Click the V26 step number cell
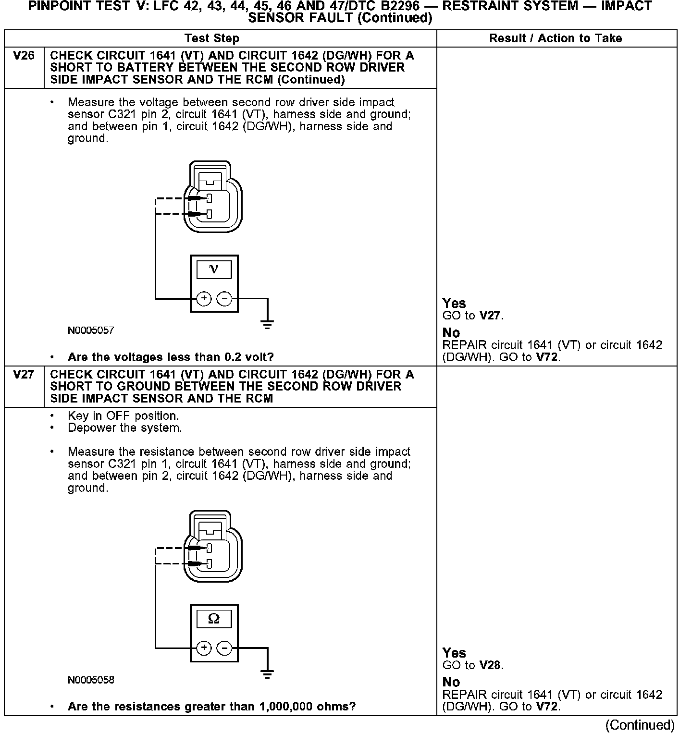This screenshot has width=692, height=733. [24, 56]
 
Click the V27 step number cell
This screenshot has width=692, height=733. [24, 375]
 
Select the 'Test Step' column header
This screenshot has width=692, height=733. [211, 38]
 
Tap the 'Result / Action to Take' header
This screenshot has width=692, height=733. [556, 38]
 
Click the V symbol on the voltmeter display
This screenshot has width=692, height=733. [214, 269]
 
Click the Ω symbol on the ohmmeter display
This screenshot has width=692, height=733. [214, 619]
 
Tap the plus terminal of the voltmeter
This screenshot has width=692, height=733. [204, 299]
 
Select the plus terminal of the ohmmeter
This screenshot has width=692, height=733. [204, 648]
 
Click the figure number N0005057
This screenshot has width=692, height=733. [91, 330]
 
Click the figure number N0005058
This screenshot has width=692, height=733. [91, 680]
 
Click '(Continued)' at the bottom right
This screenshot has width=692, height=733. [640, 724]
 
